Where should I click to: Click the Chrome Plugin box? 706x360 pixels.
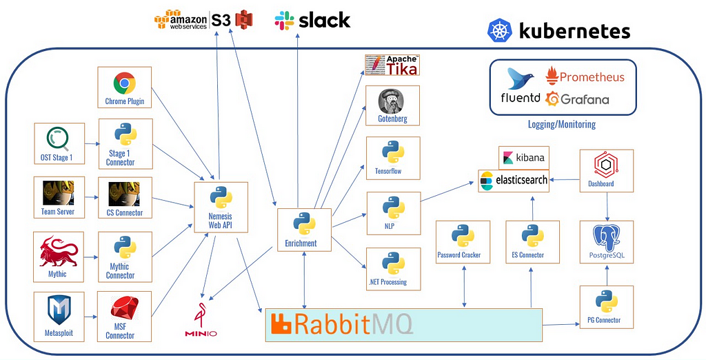click(124, 88)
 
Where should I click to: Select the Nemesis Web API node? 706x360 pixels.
click(221, 208)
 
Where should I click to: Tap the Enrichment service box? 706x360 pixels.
click(304, 230)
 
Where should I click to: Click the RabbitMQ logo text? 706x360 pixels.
click(341, 324)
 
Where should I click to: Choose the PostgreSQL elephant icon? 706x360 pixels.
click(606, 238)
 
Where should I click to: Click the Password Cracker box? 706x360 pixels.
click(463, 242)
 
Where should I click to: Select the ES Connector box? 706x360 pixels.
click(532, 242)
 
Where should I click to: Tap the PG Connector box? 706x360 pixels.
click(607, 307)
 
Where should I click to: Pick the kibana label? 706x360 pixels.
click(524, 158)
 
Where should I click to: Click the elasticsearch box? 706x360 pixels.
click(514, 181)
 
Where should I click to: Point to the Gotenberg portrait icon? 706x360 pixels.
click(392, 101)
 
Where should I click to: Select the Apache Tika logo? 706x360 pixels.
click(392, 66)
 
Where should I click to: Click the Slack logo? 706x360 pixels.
click(312, 20)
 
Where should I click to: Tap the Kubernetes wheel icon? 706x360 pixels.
click(500, 30)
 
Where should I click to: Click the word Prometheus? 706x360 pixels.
click(592, 77)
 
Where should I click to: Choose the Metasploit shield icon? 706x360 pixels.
click(59, 310)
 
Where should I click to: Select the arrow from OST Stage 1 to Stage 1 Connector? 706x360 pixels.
click(92, 144)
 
